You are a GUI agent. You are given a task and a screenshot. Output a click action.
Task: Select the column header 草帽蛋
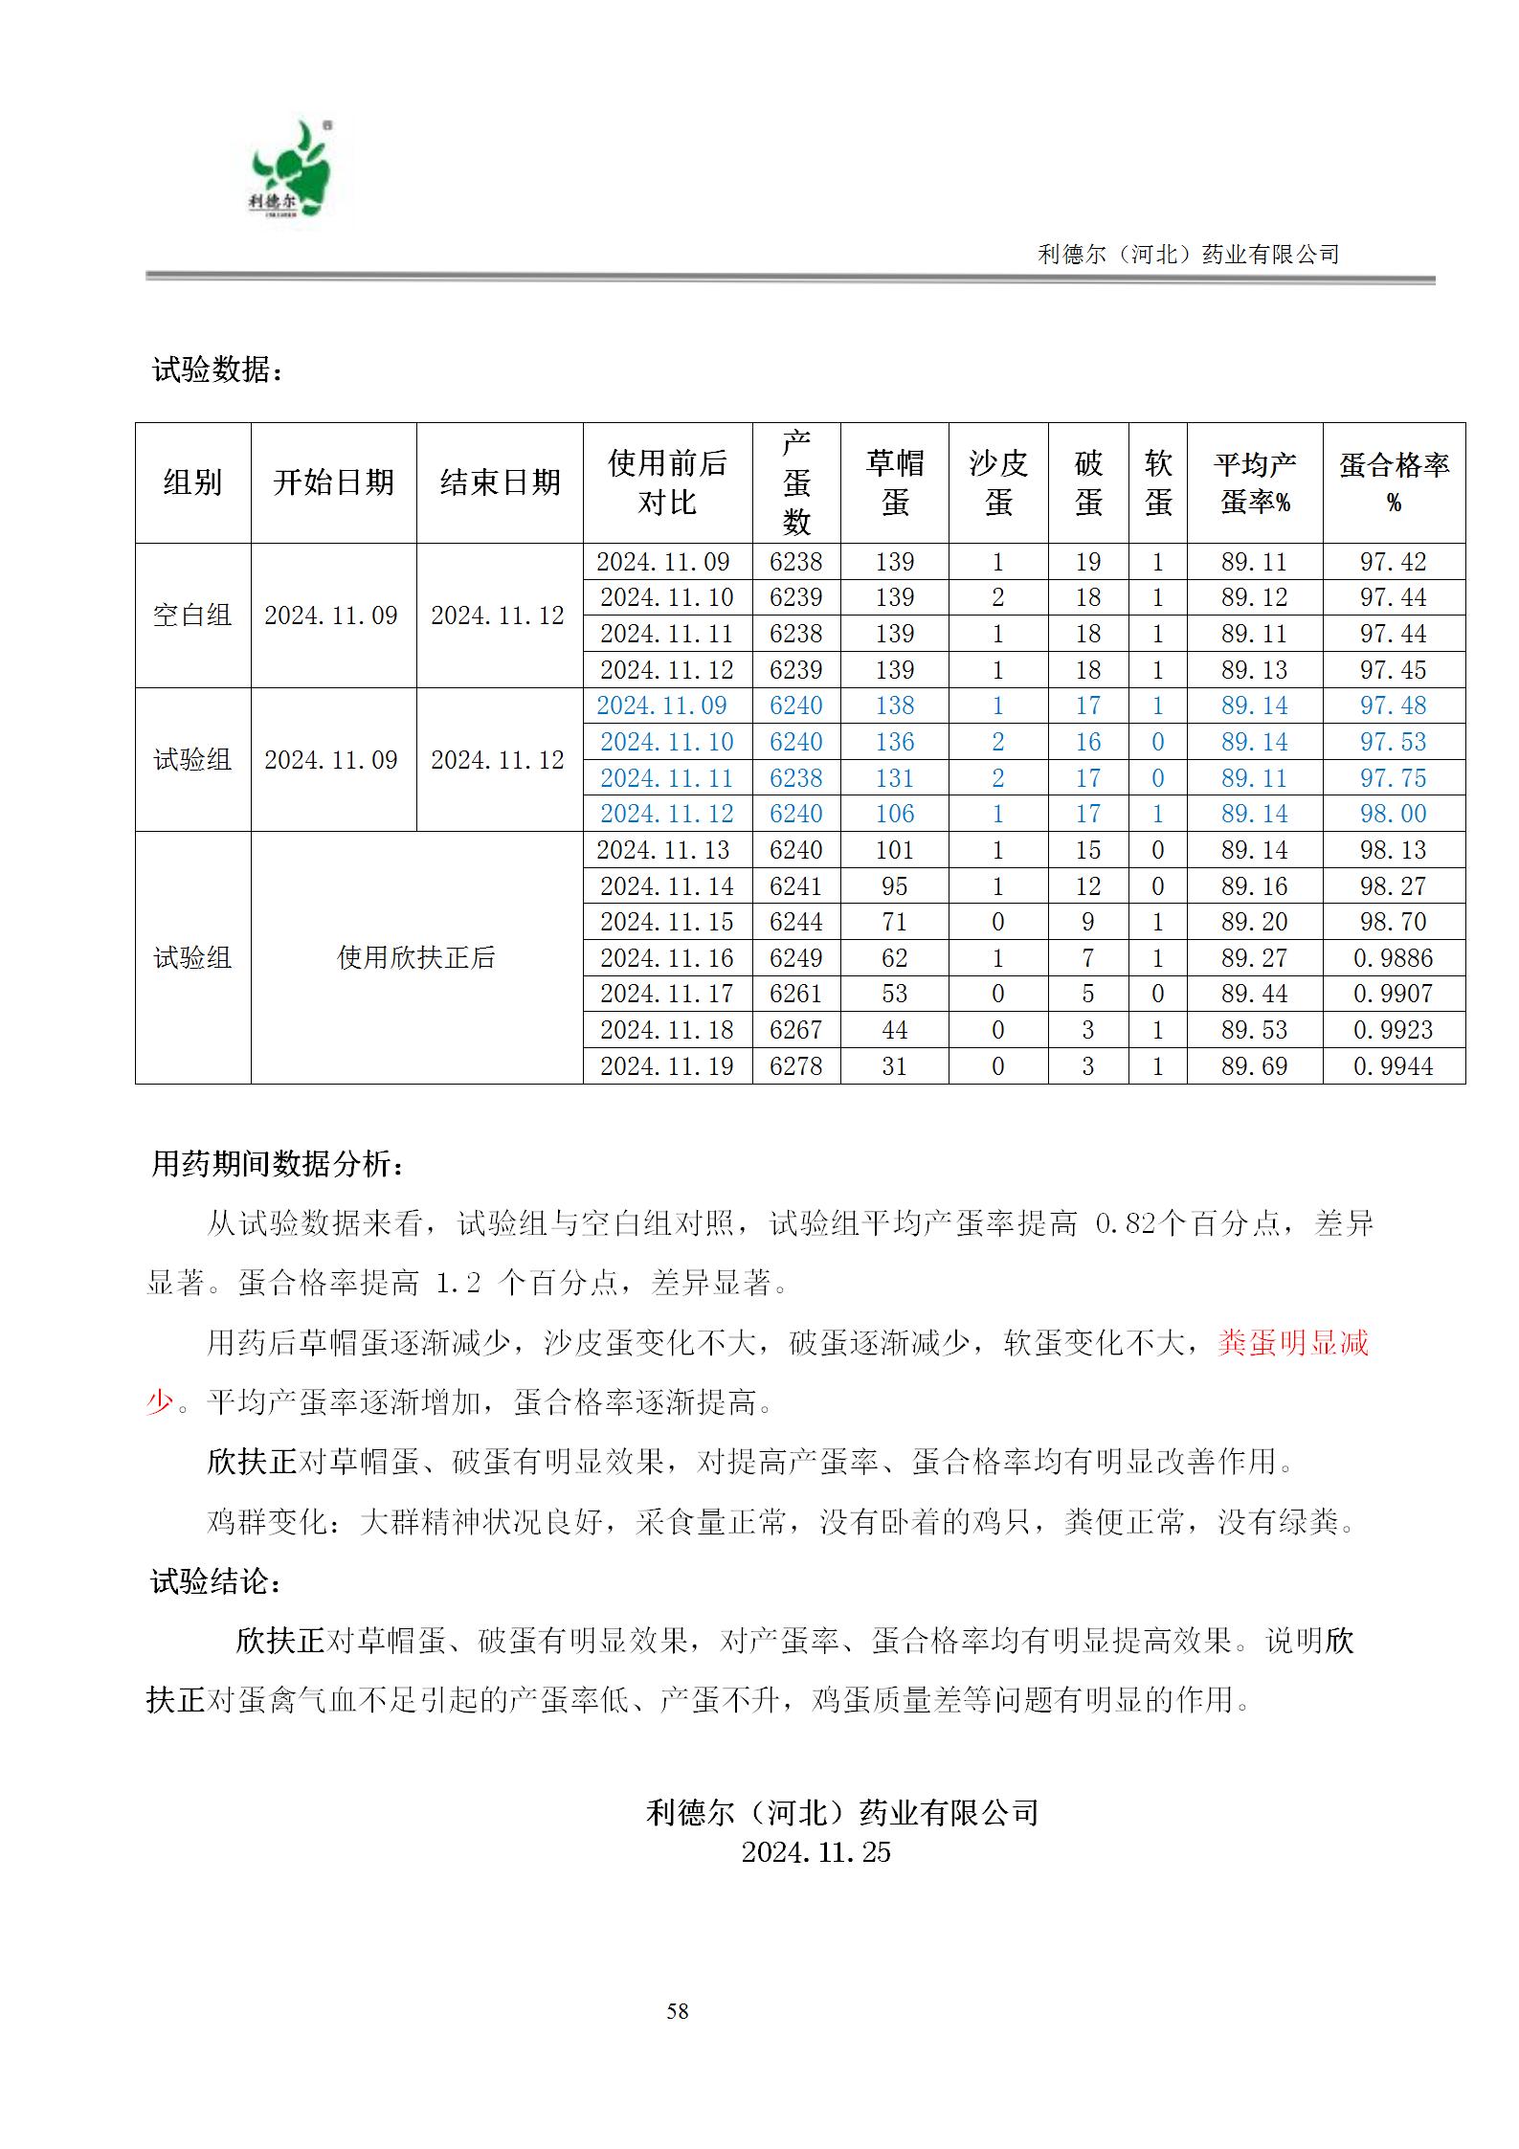[894, 482]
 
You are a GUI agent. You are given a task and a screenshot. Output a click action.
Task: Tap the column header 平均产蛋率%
[1254, 482]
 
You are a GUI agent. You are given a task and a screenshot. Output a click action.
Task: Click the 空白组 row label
[192, 616]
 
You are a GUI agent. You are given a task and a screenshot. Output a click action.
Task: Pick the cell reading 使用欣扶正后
[416, 957]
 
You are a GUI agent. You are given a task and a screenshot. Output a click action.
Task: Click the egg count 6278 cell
[795, 1066]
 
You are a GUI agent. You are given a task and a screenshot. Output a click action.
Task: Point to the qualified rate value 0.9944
[1393, 1066]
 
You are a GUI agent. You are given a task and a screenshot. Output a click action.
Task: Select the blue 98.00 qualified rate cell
[1393, 814]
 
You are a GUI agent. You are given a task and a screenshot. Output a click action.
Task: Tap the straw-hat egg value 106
[894, 814]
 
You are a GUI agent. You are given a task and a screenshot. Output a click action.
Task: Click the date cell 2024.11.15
[666, 922]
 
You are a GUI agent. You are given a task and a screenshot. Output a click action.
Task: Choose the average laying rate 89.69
[1254, 1066]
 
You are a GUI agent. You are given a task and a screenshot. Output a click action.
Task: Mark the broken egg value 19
[1087, 562]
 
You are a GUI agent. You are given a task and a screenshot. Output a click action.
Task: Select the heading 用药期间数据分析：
[278, 1165]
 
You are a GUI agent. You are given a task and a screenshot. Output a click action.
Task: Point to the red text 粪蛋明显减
[1293, 1343]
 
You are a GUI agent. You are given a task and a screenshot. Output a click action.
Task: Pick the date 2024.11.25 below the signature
[815, 1852]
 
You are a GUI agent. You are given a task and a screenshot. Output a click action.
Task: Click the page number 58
[678, 2011]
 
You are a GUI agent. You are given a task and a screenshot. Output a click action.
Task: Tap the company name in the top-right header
[1188, 255]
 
